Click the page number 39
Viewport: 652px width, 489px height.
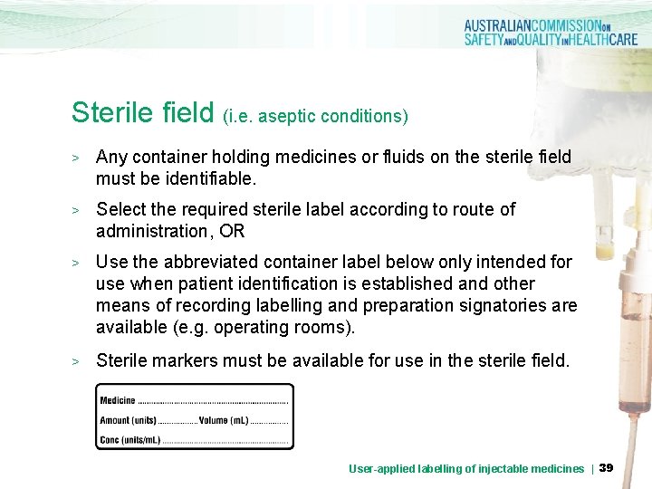tap(607, 467)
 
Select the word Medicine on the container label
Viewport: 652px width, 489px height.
tap(118, 400)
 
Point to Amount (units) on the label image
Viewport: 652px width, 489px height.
tap(128, 420)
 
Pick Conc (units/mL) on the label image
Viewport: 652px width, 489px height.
tap(130, 440)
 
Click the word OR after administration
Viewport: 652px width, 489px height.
tap(232, 231)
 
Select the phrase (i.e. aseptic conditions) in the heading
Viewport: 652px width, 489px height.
tap(315, 116)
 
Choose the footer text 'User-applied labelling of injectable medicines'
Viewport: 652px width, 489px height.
tap(466, 468)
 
